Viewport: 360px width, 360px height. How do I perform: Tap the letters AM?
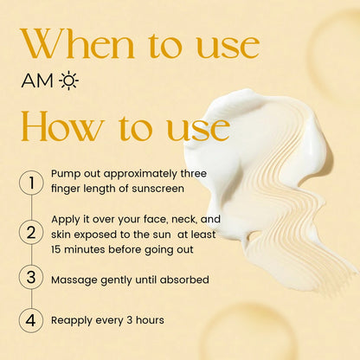tap(38, 82)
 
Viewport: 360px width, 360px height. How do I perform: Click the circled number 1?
tap(31, 182)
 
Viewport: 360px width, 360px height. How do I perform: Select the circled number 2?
tap(31, 232)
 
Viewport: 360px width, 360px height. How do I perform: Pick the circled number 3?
tap(31, 279)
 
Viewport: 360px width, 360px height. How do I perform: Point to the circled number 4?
tap(31, 319)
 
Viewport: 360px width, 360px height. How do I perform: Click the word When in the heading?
tap(80, 44)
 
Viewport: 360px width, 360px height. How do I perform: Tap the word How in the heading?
tap(57, 128)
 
